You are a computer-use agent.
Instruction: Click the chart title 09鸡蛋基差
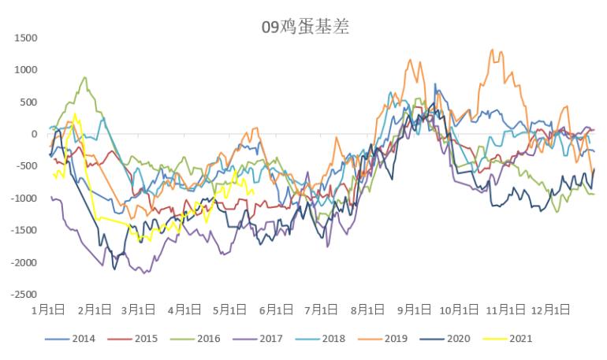[x=305, y=27]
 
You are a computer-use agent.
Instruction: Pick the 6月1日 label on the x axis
[x=276, y=310]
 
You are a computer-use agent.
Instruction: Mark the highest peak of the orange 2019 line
[x=492, y=50]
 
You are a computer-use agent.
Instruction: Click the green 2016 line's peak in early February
[x=84, y=77]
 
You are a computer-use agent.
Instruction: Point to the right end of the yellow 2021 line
[x=254, y=191]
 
